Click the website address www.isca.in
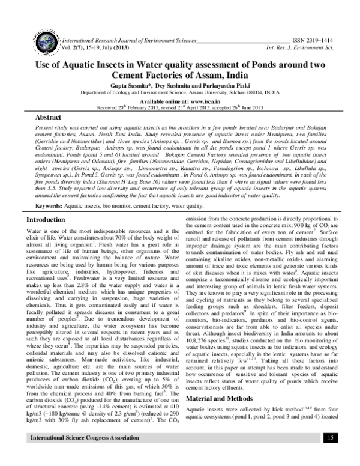[x=198, y=101]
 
